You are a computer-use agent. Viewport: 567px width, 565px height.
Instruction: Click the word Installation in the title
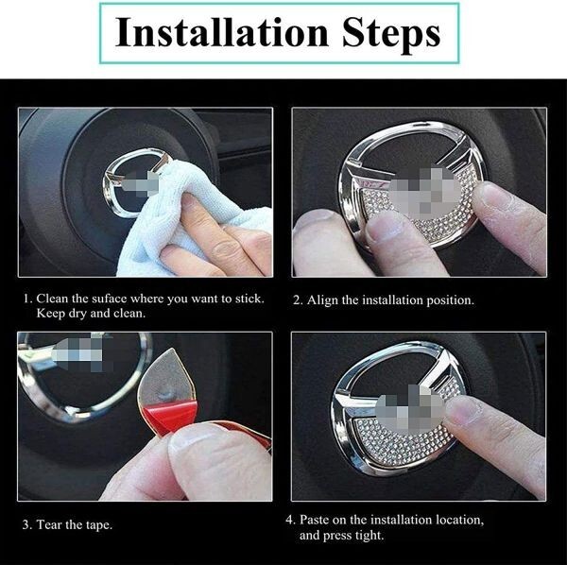pos(222,32)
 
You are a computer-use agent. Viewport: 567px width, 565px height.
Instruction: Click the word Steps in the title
pos(391,35)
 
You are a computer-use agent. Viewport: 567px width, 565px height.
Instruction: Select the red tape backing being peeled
pos(169,416)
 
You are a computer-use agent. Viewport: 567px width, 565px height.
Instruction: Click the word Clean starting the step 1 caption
pos(52,299)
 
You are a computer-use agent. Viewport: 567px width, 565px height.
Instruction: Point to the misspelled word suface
pos(110,299)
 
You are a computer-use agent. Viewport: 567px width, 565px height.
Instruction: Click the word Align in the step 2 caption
pos(322,300)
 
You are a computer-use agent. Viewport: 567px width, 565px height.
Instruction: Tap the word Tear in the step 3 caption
pos(49,524)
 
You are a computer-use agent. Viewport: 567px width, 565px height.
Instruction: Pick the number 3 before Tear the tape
pos(26,525)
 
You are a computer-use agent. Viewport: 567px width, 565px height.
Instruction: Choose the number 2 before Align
pos(297,300)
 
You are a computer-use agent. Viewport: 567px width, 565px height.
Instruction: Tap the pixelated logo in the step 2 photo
pos(425,189)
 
